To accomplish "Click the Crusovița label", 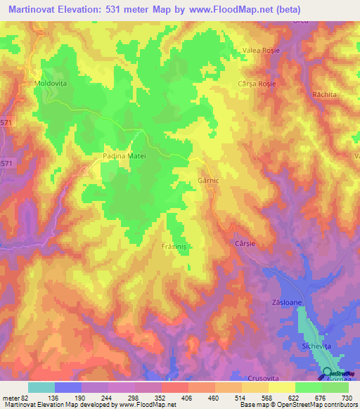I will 263,378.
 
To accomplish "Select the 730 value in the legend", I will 346,398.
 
